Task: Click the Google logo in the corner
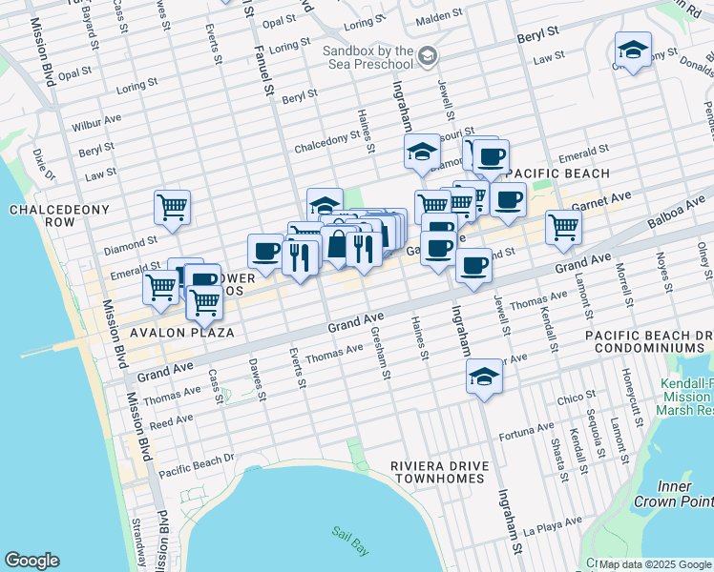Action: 31,561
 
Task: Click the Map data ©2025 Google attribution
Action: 653,564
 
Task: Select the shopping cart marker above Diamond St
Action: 172,206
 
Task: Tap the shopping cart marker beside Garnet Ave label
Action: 563,227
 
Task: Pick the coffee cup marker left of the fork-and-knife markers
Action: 265,252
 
